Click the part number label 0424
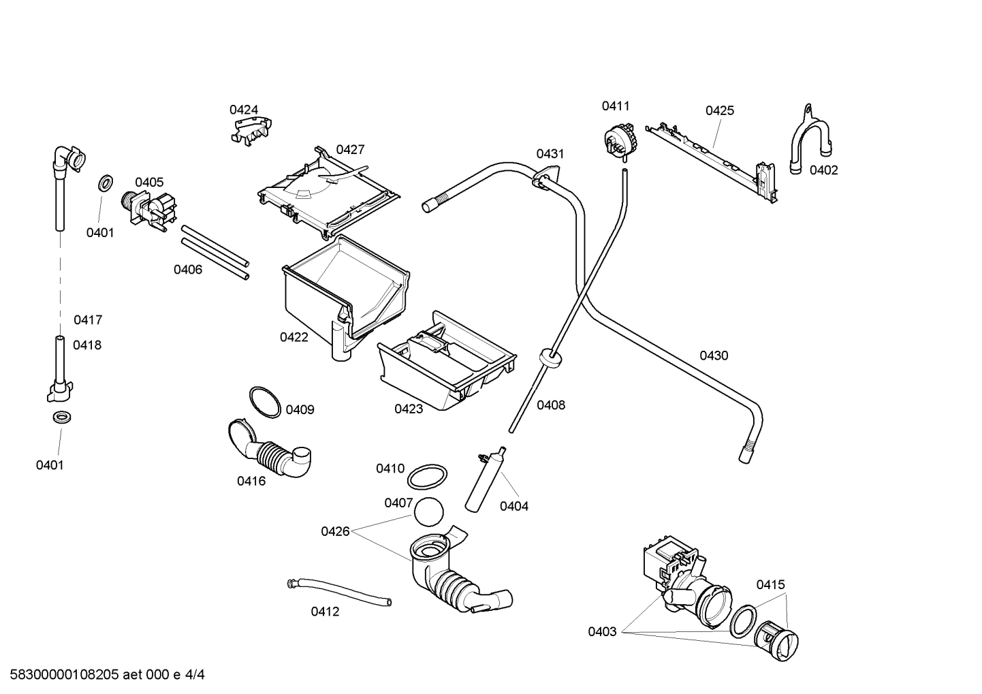[x=243, y=110]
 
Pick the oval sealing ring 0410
[x=427, y=477]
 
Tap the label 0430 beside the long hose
[x=713, y=356]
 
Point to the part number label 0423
[x=409, y=409]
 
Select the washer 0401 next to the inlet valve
[x=106, y=183]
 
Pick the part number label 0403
[x=602, y=632]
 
